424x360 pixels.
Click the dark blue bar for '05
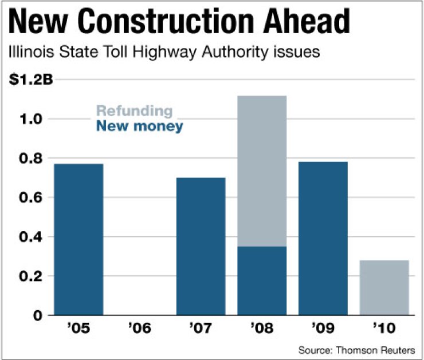[x=78, y=239]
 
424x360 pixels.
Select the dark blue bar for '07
[x=201, y=246]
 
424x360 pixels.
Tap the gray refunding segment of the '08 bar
[x=262, y=171]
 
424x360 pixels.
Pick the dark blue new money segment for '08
[x=262, y=280]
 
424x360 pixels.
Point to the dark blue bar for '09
[x=323, y=238]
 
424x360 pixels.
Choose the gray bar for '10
[x=384, y=287]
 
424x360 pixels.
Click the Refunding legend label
[x=134, y=110]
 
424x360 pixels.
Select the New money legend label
[x=140, y=126]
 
